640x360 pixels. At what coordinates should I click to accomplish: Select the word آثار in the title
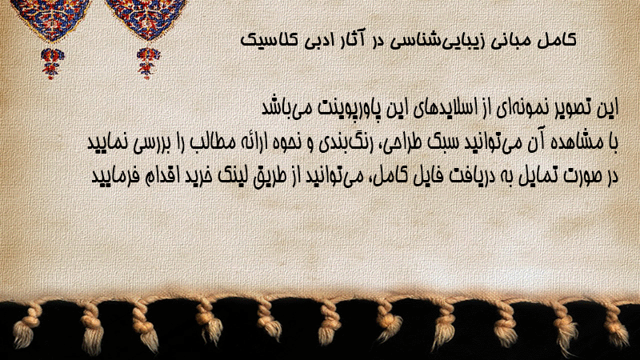[350, 39]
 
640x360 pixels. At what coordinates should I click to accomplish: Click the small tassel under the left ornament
[51, 63]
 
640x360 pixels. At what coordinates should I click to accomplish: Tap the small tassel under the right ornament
[148, 63]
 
